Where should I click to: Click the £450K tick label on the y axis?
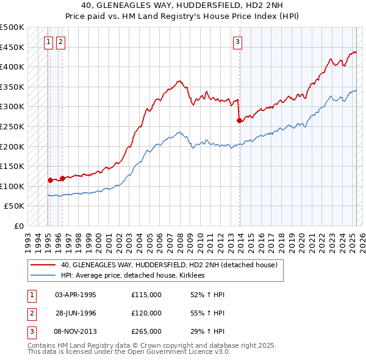[12, 47]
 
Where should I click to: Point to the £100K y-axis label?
[12, 186]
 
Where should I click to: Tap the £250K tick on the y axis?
[12, 126]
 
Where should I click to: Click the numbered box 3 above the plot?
[237, 42]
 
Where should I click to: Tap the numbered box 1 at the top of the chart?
[48, 42]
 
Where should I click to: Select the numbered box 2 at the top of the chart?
[61, 42]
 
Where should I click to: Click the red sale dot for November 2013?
[239, 121]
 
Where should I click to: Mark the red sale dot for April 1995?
[50, 180]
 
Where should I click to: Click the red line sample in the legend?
[43, 265]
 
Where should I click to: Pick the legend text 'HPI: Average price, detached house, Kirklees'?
[132, 275]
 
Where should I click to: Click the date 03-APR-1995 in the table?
[76, 295]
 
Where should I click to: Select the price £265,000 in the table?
[146, 331]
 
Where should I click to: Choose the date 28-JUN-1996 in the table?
[76, 313]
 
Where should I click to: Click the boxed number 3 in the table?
[30, 331]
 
